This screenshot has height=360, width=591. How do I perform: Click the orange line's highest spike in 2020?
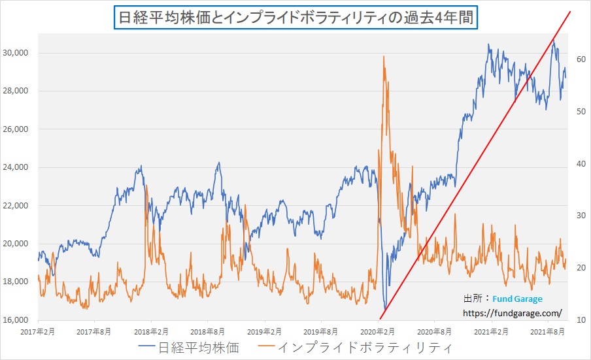pyautogui.click(x=384, y=57)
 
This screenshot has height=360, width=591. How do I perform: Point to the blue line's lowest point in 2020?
pyautogui.click(x=386, y=309)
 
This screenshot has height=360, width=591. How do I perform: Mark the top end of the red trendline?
pyautogui.click(x=571, y=12)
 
